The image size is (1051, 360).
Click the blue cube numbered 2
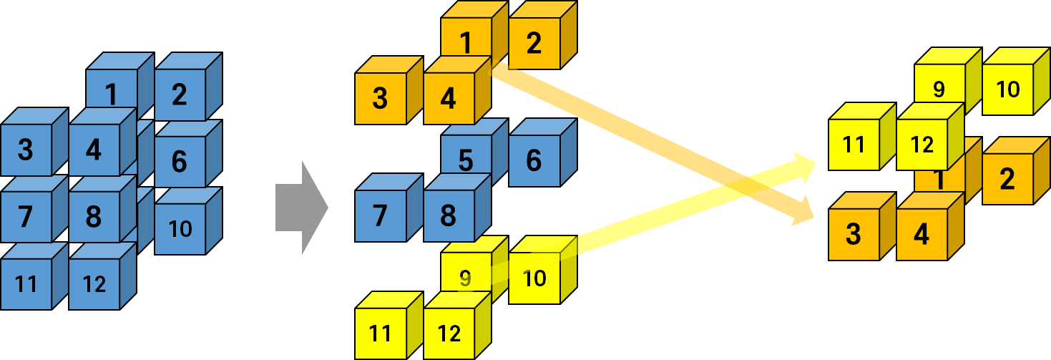(x=180, y=94)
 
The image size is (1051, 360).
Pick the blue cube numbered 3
(x=26, y=150)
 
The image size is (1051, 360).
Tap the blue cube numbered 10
(x=180, y=228)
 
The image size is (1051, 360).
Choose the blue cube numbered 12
(x=94, y=284)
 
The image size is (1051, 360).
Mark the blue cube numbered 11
(x=26, y=284)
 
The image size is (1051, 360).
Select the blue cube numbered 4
(x=94, y=150)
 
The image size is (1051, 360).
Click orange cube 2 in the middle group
(x=534, y=43)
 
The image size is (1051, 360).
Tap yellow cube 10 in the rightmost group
(x=1008, y=89)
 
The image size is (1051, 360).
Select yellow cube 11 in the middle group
(x=381, y=333)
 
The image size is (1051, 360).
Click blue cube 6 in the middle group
(x=534, y=160)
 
